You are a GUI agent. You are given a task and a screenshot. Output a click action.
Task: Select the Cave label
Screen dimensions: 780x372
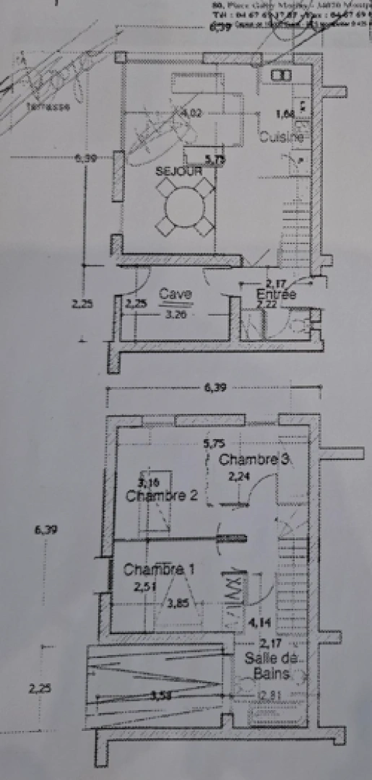click(x=176, y=294)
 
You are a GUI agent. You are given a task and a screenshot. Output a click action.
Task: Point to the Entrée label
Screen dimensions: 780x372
click(x=276, y=295)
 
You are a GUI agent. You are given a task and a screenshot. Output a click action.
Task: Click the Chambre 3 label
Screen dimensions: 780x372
click(x=248, y=459)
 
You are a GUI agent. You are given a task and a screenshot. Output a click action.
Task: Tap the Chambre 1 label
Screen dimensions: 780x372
click(x=158, y=569)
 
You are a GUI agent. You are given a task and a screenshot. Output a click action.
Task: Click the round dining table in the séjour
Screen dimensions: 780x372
click(x=186, y=206)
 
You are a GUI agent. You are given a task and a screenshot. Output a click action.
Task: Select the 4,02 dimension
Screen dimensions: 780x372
click(x=191, y=113)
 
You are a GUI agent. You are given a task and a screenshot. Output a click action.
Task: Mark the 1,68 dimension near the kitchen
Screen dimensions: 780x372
click(x=285, y=113)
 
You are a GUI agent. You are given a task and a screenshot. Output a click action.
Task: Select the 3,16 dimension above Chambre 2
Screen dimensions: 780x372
click(x=150, y=482)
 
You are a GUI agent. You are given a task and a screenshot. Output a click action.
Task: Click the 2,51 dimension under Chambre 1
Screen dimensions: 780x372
click(x=143, y=587)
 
